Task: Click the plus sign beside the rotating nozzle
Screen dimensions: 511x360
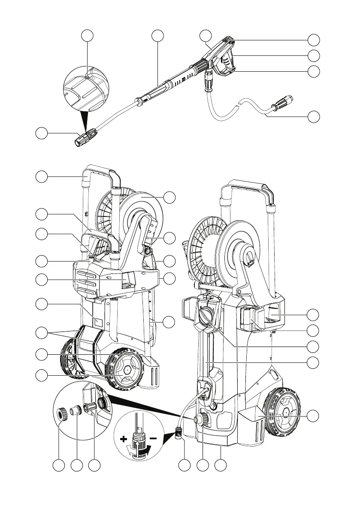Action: pos(124,439)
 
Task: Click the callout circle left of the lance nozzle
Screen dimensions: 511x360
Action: pos(41,134)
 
